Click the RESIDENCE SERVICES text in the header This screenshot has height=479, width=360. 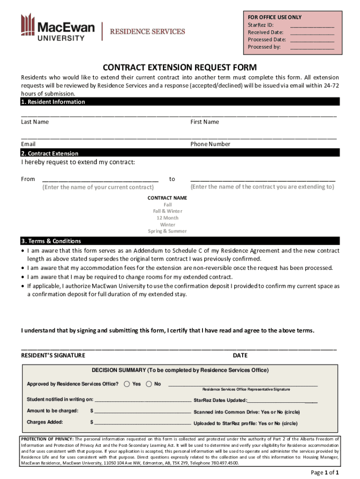(x=147, y=32)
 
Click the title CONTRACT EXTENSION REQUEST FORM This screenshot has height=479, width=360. (x=180, y=67)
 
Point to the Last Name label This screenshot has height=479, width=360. (x=35, y=122)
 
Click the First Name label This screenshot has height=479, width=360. (x=204, y=122)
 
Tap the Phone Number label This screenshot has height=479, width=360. (x=210, y=144)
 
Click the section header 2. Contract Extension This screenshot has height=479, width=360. (x=50, y=153)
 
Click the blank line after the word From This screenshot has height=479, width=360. (x=100, y=179)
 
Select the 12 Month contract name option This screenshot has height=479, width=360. (x=167, y=218)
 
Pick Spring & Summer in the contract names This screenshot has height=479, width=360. (x=167, y=231)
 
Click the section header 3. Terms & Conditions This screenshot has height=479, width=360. (x=51, y=241)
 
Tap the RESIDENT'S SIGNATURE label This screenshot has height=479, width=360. (x=53, y=356)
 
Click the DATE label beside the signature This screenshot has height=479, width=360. (x=240, y=356)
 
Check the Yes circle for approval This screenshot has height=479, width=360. (x=127, y=384)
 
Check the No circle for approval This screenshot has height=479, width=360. (x=149, y=384)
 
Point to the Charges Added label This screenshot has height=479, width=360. (x=45, y=422)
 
